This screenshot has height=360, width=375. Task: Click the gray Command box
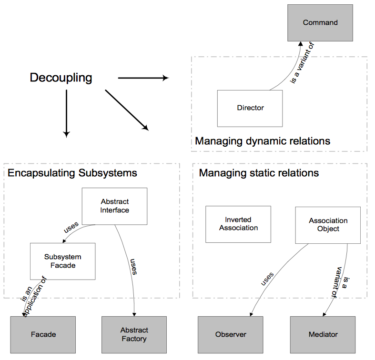point(320,22)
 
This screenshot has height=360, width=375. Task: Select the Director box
point(250,108)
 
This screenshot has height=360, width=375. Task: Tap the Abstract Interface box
point(115,206)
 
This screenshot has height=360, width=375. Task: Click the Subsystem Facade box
point(63,261)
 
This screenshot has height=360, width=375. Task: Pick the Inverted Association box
point(238,224)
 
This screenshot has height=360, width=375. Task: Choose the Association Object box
point(328,225)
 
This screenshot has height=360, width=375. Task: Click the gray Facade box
point(43,334)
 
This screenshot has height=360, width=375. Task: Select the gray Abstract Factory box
point(134,334)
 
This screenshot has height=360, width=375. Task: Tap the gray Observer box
point(231,334)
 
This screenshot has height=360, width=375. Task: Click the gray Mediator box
point(323,334)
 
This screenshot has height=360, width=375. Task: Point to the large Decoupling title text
point(61,78)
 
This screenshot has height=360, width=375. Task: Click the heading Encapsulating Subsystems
point(72,173)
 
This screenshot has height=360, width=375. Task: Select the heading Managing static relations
point(259,173)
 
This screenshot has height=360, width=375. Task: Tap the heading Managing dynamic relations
point(263,141)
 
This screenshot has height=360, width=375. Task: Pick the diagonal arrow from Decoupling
point(127,110)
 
